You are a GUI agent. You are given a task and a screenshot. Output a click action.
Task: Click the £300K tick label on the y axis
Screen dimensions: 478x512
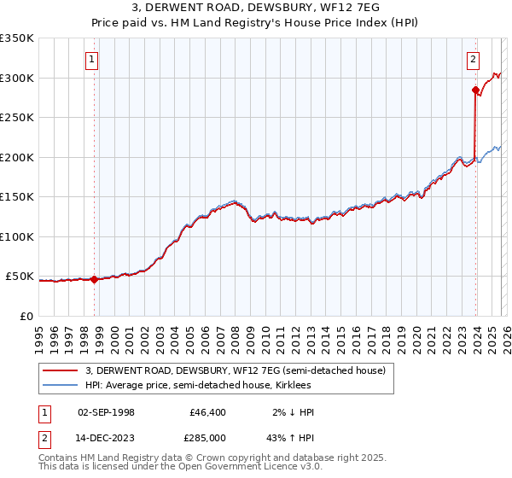pos(17,78)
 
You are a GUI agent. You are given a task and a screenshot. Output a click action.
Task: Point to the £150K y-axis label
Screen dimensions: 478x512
pos(17,197)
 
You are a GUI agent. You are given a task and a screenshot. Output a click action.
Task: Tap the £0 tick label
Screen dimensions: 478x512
pos(26,317)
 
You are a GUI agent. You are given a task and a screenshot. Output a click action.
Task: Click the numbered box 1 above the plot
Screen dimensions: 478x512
pos(91,60)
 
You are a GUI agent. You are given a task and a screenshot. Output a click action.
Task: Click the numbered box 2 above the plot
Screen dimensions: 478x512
pos(472,60)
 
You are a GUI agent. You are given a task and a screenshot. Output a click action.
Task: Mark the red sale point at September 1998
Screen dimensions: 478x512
pos(93,279)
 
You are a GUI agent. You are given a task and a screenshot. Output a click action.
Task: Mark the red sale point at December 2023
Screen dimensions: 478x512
pos(474,89)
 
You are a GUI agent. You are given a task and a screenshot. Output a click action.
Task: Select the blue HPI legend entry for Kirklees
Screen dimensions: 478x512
pos(209,385)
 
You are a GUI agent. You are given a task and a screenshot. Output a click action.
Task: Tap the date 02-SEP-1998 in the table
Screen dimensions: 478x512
pos(106,412)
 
